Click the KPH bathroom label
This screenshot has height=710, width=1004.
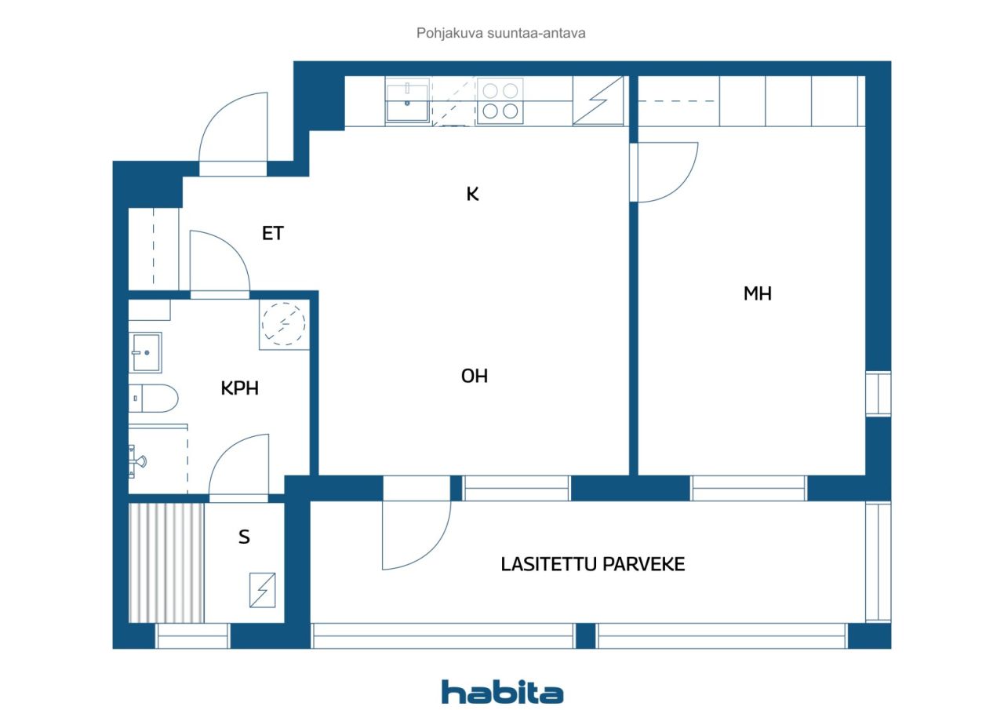coord(239,388)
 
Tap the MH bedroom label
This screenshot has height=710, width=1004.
coord(757,293)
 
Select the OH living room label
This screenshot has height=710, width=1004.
coord(474,376)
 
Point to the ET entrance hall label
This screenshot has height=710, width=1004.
coord(272,233)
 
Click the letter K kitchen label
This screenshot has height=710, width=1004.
coord(472,194)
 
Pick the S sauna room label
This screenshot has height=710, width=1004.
coord(244,537)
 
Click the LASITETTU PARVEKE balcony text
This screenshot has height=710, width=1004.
coord(593,564)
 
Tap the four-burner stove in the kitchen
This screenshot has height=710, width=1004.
coord(500,100)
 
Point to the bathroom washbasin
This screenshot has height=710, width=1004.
coord(146,353)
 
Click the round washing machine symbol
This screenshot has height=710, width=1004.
coord(283,323)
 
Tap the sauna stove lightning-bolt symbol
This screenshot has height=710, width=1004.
coord(262,590)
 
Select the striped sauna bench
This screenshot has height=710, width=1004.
coord(166,563)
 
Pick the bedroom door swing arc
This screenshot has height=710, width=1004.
coord(667,173)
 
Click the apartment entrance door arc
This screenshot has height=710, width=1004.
coord(233,129)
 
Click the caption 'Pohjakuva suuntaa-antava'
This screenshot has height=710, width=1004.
coord(501,34)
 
